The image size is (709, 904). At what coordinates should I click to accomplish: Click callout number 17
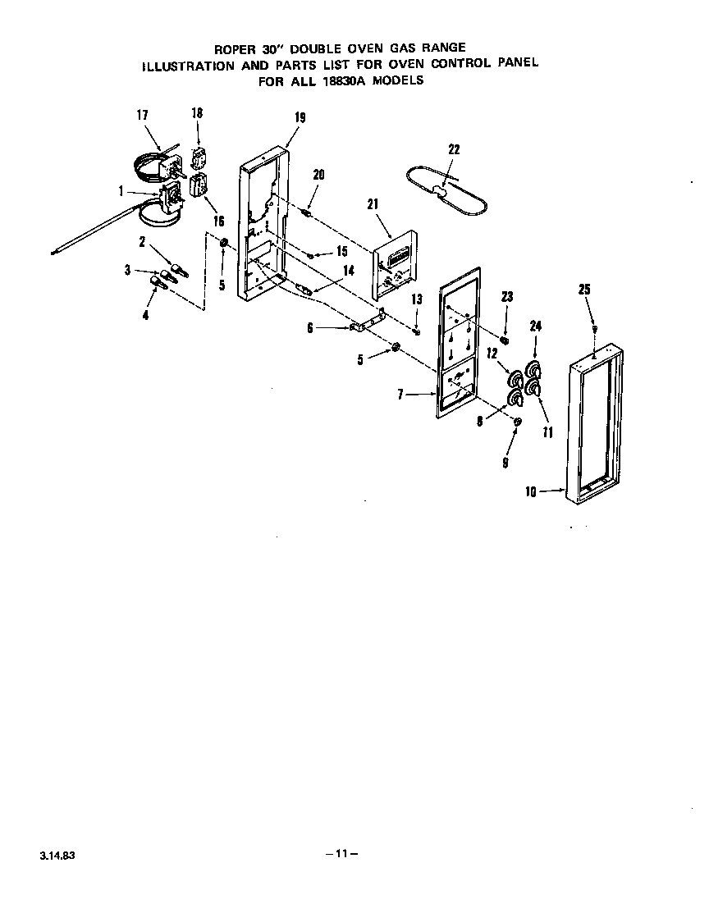141,116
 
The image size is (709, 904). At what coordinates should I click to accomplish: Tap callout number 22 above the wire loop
454,149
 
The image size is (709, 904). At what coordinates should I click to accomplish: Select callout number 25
583,290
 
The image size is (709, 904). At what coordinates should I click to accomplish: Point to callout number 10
530,492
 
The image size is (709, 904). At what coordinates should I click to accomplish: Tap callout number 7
400,395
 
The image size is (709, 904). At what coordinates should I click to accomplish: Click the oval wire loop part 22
443,190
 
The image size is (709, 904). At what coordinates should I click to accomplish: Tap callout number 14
348,270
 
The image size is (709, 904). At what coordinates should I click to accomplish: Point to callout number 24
535,326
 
